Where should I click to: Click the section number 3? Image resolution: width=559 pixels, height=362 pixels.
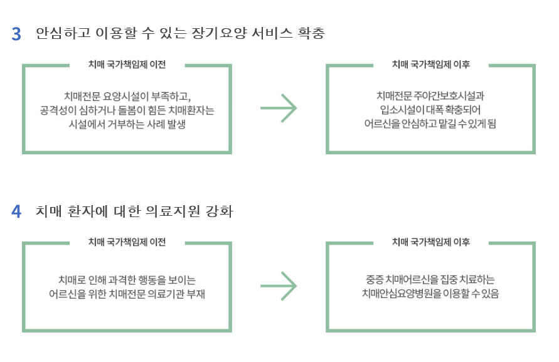[17, 34]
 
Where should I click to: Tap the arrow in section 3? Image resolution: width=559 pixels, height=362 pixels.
[279, 109]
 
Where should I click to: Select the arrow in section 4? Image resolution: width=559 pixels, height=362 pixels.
[279, 287]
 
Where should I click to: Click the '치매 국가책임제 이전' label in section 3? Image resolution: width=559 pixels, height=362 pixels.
[127, 64]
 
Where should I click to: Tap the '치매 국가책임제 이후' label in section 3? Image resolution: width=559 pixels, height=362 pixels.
[431, 64]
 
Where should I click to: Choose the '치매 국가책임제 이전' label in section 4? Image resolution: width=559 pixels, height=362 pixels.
[127, 242]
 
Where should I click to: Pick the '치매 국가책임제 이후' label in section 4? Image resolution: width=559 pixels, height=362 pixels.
[431, 242]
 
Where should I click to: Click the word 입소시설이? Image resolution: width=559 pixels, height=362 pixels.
[395, 110]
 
